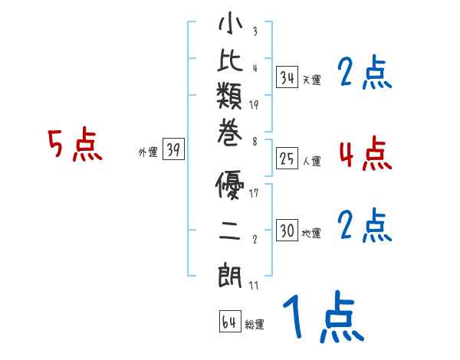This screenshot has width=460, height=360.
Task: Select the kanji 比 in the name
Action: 230,64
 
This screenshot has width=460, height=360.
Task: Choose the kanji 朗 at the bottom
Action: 230,272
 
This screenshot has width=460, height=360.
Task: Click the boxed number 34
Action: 287,77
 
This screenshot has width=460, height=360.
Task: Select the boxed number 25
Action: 287,159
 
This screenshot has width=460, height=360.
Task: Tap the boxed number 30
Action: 287,231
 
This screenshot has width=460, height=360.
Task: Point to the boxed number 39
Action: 174,150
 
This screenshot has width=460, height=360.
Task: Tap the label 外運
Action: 147,152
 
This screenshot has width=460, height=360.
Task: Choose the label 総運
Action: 254,324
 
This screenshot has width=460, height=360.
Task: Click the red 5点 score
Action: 74,145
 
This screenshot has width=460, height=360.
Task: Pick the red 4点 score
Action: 365,153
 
